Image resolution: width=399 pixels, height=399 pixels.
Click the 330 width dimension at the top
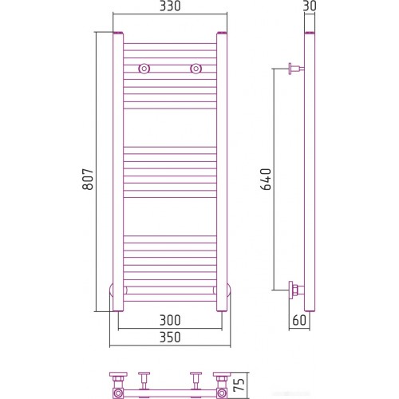pyautogui.click(x=168, y=6)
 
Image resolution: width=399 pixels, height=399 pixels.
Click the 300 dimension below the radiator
pyautogui.click(x=170, y=320)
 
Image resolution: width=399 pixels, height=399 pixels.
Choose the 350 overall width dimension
pyautogui.click(x=170, y=338)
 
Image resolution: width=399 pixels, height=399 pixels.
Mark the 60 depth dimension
pyautogui.click(x=298, y=320)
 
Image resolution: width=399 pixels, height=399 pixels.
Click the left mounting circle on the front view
pyautogui.click(x=144, y=69)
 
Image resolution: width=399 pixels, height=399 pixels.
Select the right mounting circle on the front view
pyautogui.click(x=195, y=69)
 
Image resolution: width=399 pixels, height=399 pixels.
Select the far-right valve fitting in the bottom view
pyautogui.click(x=222, y=385)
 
